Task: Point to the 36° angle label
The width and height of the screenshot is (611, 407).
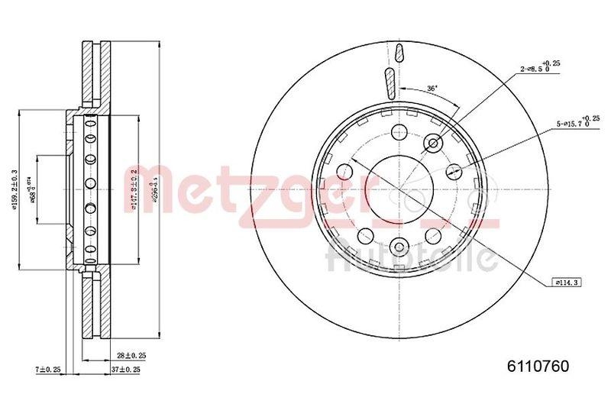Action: click(432, 89)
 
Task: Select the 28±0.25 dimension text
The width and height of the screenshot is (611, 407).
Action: click(131, 356)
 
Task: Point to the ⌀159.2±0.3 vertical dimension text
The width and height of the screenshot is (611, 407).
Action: click(15, 193)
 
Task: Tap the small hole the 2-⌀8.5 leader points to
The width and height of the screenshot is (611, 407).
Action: click(435, 142)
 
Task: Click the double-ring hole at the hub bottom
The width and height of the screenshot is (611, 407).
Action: click(399, 245)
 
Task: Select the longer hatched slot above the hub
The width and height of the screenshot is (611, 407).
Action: click(389, 82)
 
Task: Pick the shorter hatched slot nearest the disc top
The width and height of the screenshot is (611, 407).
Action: click(399, 53)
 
